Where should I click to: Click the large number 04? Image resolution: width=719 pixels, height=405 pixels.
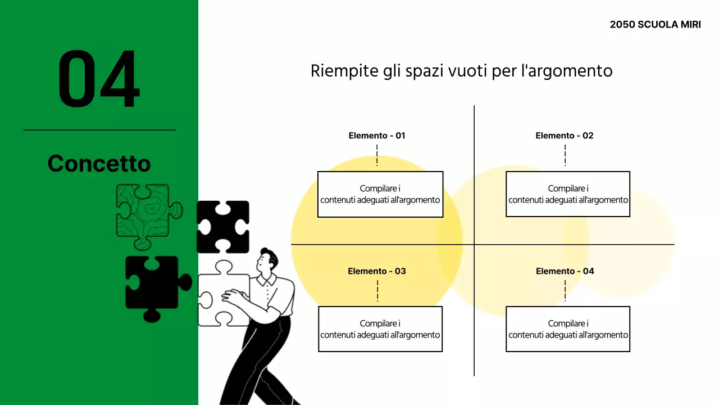click(x=99, y=79)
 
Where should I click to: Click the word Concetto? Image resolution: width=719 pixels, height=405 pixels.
click(x=99, y=164)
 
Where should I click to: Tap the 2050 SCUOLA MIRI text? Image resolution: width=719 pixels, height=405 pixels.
click(x=655, y=25)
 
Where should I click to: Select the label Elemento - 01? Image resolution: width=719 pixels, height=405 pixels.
click(x=376, y=136)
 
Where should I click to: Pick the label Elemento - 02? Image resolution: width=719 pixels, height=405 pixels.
click(x=565, y=136)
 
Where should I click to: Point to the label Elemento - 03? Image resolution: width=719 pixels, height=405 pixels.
click(x=376, y=271)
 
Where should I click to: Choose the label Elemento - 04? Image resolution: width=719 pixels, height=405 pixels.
click(x=565, y=271)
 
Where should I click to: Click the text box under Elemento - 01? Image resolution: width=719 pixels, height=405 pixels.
click(x=380, y=194)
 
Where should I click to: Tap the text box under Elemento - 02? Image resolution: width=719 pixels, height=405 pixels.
click(x=568, y=194)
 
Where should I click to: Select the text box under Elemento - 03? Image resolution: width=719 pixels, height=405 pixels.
click(x=380, y=329)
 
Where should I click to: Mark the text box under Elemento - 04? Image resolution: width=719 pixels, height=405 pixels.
click(x=568, y=329)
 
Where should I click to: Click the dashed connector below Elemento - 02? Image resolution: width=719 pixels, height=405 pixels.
click(x=565, y=155)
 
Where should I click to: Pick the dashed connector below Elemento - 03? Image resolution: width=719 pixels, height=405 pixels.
click(x=377, y=290)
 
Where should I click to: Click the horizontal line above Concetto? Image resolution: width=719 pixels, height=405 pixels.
click(x=99, y=130)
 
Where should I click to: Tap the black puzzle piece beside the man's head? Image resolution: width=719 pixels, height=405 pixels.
click(x=223, y=227)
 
